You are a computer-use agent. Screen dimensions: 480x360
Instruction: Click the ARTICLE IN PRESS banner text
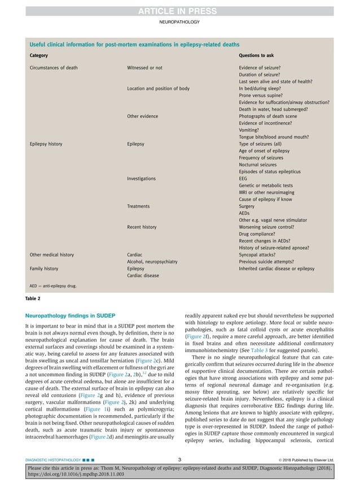click(179, 7)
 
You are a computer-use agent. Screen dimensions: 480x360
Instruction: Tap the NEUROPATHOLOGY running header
click(179, 21)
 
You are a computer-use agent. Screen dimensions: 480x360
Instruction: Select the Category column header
click(38, 56)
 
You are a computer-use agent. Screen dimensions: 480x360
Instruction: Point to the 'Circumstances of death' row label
click(54, 68)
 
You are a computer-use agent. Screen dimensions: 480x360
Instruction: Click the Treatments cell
click(141, 206)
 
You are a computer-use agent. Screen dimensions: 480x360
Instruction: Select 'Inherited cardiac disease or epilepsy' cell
click(276, 268)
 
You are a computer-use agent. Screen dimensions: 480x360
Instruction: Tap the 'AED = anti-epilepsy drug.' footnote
click(53, 285)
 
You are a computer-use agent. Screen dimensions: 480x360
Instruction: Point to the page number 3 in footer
click(179, 460)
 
